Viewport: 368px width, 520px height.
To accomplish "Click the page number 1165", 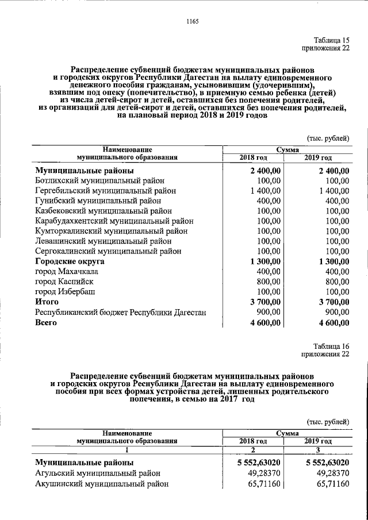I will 192,22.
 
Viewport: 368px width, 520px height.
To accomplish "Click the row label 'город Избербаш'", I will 65,292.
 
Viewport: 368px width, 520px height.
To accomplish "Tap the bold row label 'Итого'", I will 48,302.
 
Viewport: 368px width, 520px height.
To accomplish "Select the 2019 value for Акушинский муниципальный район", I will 328,484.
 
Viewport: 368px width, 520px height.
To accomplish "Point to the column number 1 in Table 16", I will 128,450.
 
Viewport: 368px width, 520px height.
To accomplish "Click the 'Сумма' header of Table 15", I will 287,149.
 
